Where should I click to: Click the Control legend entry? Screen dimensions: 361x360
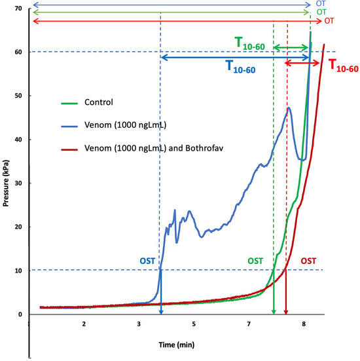click(x=98, y=102)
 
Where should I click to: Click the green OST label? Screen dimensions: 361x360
click(x=255, y=261)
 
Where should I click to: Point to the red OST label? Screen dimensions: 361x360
click(x=309, y=261)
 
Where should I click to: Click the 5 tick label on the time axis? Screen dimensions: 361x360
click(x=193, y=324)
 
